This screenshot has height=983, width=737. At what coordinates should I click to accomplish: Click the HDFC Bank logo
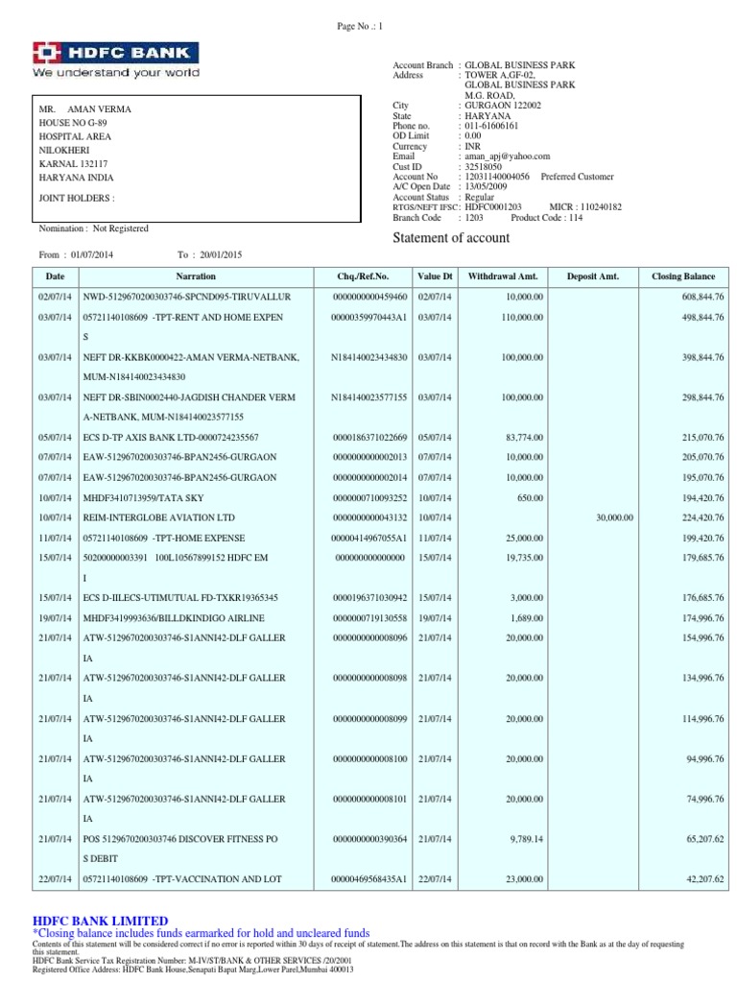click(116, 52)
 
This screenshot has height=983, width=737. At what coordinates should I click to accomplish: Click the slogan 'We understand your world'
click(116, 72)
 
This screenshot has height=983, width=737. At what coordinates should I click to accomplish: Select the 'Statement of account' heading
click(451, 237)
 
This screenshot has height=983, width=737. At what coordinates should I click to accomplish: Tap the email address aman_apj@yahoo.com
click(507, 156)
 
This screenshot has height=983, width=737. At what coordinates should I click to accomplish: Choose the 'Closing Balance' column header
click(682, 276)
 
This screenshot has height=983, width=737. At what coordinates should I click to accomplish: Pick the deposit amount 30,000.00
click(614, 516)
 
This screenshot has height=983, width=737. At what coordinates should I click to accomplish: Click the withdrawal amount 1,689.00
click(526, 617)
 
